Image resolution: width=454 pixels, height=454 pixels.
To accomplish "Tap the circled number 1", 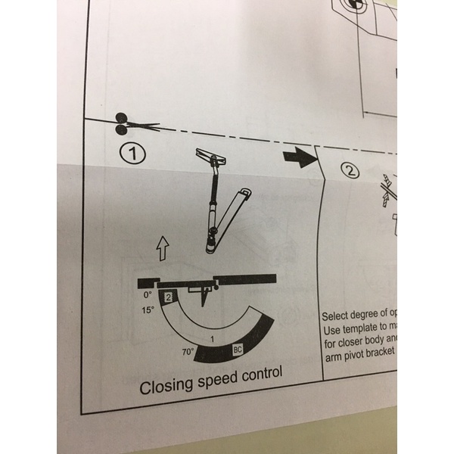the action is click(133, 155).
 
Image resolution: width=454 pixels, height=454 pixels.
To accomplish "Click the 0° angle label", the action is click(148, 294).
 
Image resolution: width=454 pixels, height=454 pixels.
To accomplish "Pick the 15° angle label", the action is click(147, 310).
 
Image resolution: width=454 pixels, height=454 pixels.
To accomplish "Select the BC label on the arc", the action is click(238, 350).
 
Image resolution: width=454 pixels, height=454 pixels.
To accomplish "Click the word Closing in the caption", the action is click(166, 386).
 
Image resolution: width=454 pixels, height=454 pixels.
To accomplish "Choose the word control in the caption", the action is click(259, 373).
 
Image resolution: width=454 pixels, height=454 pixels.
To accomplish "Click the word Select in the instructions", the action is click(337, 316).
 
